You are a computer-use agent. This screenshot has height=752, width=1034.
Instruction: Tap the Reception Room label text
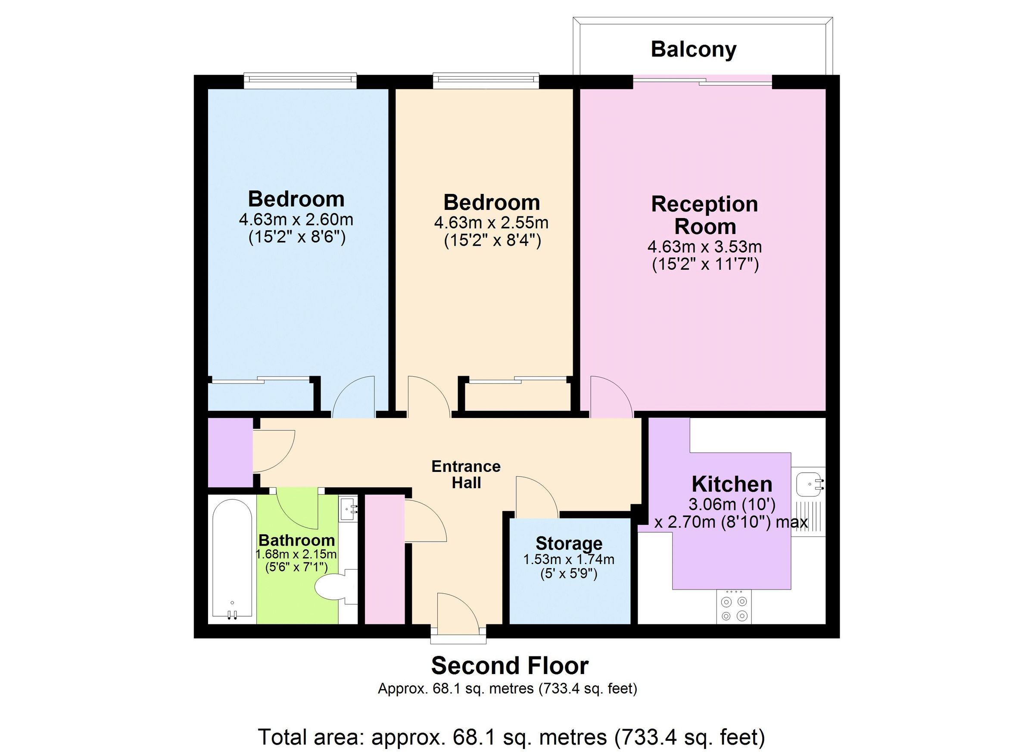(704, 215)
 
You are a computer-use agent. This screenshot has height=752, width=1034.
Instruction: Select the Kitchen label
(731, 484)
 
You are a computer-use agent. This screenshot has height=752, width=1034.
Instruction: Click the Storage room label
(569, 543)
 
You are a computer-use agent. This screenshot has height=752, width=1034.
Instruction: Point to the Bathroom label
(296, 540)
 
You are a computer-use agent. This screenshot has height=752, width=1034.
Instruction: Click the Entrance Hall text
(466, 474)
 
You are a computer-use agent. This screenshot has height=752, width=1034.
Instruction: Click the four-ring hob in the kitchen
(734, 608)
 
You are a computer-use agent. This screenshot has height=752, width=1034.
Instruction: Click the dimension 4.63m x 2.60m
(296, 220)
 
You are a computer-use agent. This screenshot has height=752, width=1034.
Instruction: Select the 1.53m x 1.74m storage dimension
(569, 559)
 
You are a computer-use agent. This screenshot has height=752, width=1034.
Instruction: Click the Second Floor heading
(510, 666)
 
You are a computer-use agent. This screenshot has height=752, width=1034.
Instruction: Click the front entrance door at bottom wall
(457, 616)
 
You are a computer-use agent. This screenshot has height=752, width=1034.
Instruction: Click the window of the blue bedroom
(300, 81)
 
